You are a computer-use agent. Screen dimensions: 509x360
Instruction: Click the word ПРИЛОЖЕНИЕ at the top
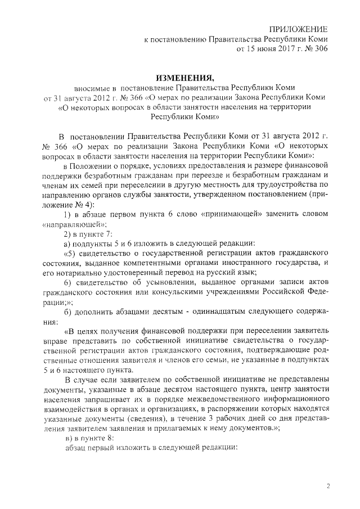click(x=298, y=29)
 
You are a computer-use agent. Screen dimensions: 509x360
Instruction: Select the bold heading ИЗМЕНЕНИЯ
click(x=185, y=76)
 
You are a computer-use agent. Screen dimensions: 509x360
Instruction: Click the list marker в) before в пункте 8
click(x=67, y=438)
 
